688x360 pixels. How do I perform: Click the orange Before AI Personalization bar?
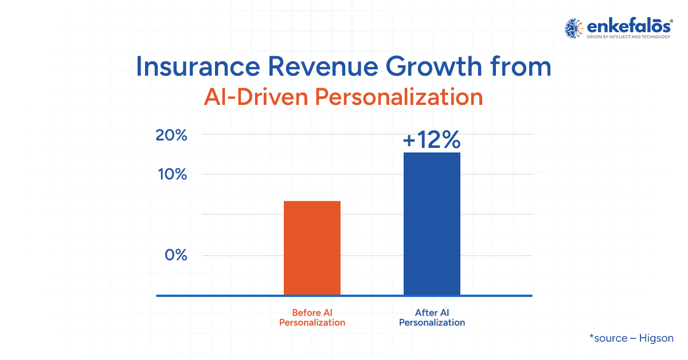(312, 248)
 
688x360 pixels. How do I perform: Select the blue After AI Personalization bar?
(432, 224)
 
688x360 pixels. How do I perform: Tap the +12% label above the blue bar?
(432, 139)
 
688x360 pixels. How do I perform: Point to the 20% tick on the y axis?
(171, 135)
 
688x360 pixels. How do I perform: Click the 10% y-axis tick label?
(173, 174)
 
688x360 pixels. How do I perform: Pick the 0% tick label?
(175, 255)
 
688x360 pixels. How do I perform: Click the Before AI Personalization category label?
(312, 318)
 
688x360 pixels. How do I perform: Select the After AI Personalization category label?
(432, 318)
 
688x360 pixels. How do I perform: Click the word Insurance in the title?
(198, 66)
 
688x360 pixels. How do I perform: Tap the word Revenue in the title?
(323, 66)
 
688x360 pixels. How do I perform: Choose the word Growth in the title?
(433, 66)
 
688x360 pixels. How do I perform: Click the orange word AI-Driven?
(256, 97)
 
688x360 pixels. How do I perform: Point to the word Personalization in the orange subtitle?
(399, 97)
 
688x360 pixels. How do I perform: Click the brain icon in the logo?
(573, 28)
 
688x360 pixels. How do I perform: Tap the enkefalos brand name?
(628, 26)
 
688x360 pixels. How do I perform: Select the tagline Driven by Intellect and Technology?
(628, 37)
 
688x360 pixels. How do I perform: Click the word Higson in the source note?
(656, 338)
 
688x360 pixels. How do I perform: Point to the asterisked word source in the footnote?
(608, 338)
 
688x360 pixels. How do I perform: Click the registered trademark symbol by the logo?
(671, 21)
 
